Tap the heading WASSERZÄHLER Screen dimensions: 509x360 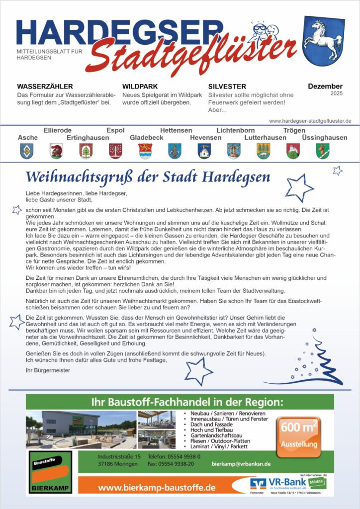pyautogui.click(x=45, y=86)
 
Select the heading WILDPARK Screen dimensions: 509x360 pyautogui.click(x=140, y=86)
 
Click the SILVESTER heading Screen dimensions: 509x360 pyautogui.click(x=227, y=86)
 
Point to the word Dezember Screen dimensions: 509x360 pyautogui.click(x=325, y=86)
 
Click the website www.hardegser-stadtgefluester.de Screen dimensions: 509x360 pyautogui.click(x=310, y=121)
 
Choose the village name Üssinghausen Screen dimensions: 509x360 pyautogui.click(x=325, y=138)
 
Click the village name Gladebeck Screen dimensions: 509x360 pyautogui.click(x=147, y=138)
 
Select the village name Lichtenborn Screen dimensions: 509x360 pyautogui.click(x=236, y=130)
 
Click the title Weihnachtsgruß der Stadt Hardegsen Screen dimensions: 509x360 pyautogui.click(x=148, y=177)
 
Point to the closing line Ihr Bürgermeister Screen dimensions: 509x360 pyautogui.click(x=48, y=370)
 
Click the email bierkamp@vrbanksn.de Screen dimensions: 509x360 pyautogui.click(x=241, y=464)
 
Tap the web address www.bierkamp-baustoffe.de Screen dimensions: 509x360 pyautogui.click(x=157, y=488)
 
